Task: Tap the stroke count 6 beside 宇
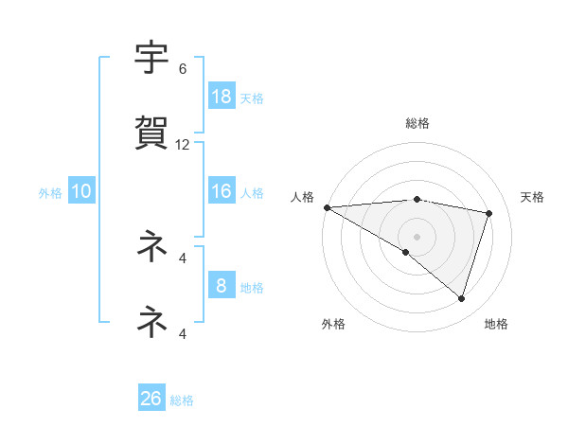click(x=183, y=69)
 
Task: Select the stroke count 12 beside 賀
click(x=183, y=145)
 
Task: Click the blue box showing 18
click(x=222, y=96)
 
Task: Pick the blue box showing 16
click(x=222, y=191)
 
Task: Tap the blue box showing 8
click(x=222, y=286)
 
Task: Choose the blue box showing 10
click(x=81, y=191)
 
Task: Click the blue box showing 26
click(x=151, y=399)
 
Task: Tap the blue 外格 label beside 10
click(x=50, y=193)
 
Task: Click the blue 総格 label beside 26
click(x=182, y=400)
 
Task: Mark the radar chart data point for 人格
click(x=327, y=206)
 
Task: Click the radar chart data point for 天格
click(x=489, y=213)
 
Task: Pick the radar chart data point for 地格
click(x=462, y=298)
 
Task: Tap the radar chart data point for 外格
click(x=406, y=252)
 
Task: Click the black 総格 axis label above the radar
click(x=417, y=123)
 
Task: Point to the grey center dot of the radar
click(x=417, y=236)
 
